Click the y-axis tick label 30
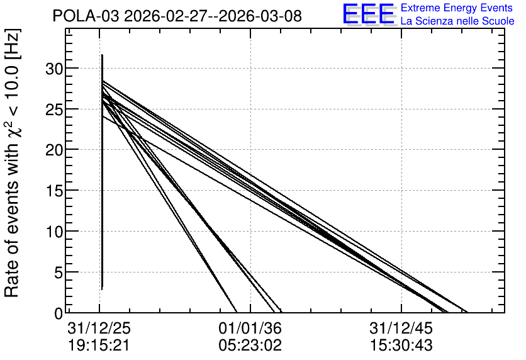(x=54, y=69)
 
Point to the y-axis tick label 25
(x=54, y=110)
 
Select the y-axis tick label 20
(x=54, y=150)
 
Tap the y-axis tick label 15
(x=54, y=191)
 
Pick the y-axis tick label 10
(x=54, y=232)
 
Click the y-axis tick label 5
(x=59, y=273)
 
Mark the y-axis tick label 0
(x=59, y=313)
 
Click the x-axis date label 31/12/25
(x=99, y=329)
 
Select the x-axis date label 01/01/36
(x=250, y=329)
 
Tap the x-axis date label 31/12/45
(x=401, y=329)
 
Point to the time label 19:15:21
(x=99, y=346)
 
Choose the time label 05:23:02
(x=250, y=346)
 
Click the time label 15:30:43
(x=401, y=346)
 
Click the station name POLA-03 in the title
(x=86, y=16)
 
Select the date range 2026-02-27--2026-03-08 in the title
(x=213, y=16)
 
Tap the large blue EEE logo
(x=368, y=14)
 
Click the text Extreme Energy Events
(x=457, y=8)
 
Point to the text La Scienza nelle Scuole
(x=457, y=21)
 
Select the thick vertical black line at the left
(x=102, y=172)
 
